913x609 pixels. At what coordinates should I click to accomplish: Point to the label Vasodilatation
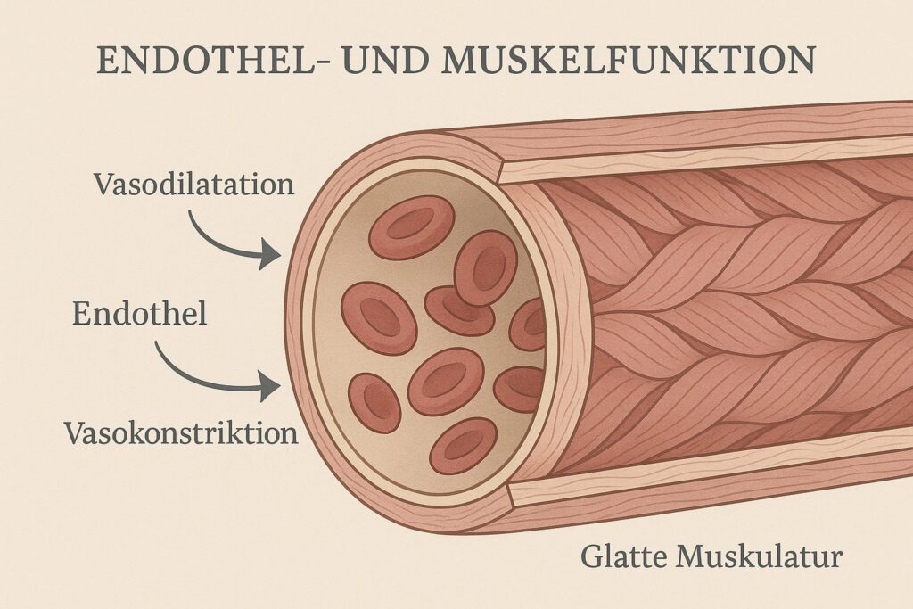[193, 185]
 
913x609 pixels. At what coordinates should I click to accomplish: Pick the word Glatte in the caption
[625, 557]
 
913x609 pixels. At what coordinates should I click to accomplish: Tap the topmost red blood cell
[411, 226]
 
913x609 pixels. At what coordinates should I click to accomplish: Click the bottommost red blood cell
[463, 445]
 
